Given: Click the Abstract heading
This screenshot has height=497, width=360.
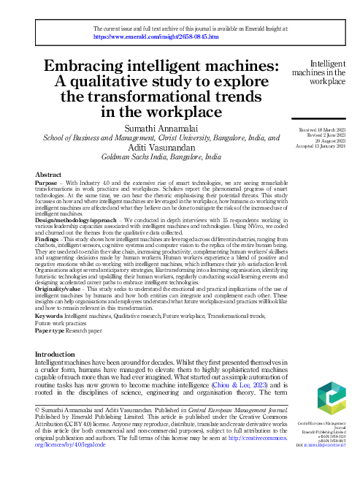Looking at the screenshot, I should point(49,175).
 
